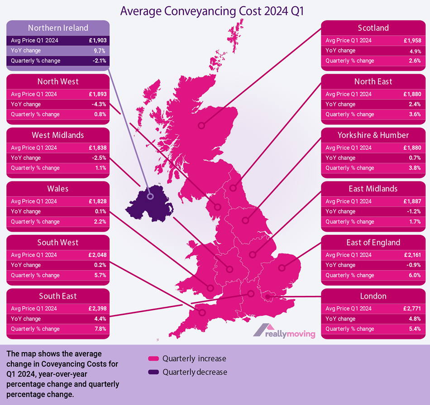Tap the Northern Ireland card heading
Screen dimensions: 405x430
57,28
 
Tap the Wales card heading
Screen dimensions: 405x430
57,189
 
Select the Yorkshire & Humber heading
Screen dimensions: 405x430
373,135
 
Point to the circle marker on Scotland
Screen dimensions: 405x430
200,126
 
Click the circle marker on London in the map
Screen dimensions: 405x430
268,297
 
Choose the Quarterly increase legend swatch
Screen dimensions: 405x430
153,359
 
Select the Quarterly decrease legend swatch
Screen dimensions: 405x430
153,372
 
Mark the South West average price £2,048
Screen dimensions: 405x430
97,255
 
